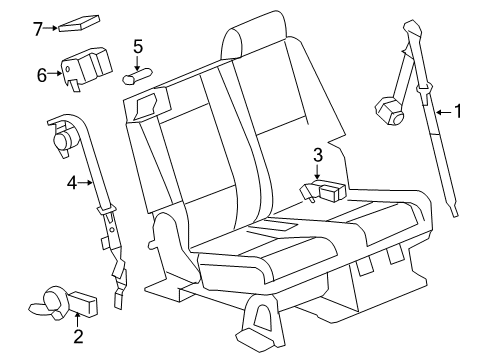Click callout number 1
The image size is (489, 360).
coord(458,112)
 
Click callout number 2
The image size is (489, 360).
coord(78,336)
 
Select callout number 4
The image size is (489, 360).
coord(71,182)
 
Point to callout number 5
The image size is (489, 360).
coord(138,46)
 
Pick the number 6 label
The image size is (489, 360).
coord(42,73)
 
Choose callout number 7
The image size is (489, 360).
coord(37,29)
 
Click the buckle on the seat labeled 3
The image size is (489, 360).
coord(325,190)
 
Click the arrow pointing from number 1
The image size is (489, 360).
coord(443,112)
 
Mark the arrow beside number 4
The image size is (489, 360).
coord(86,182)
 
